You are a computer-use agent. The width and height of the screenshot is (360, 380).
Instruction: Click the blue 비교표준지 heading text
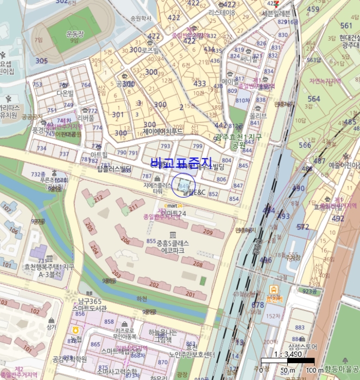point(181,162)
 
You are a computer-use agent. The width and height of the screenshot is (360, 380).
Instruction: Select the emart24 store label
point(173,206)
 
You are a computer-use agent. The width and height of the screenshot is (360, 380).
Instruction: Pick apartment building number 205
point(89,227)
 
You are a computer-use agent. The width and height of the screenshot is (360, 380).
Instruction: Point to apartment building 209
point(207,232)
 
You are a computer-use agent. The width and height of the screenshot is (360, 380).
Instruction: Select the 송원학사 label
point(141,18)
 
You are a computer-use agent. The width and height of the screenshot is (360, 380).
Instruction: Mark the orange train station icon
point(273,289)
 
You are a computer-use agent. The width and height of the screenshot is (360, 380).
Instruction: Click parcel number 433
point(200,84)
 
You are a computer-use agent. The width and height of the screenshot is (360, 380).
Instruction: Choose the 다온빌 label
point(64,93)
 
